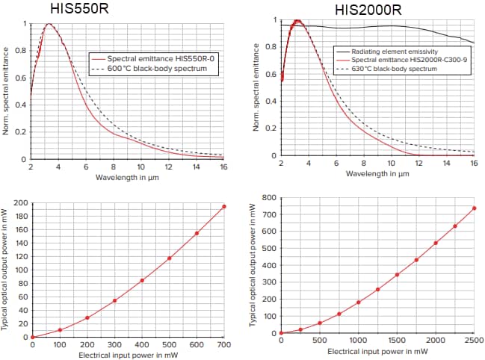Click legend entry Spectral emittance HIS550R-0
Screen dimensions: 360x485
[x=157, y=58]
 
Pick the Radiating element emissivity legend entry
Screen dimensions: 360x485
[x=396, y=51]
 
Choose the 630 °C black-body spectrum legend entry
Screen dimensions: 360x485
[x=396, y=69]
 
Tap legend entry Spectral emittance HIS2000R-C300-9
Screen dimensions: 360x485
[x=404, y=60]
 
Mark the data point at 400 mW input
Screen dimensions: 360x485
[x=142, y=281]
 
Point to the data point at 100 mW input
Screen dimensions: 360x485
[x=60, y=329]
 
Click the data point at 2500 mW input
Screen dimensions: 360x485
[x=474, y=208]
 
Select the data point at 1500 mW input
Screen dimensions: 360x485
[x=397, y=275]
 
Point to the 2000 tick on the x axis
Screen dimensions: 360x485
[x=435, y=341]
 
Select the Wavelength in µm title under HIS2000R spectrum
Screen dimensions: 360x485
[x=377, y=173]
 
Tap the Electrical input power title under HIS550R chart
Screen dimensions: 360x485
[x=127, y=354]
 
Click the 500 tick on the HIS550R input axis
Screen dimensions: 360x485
[x=169, y=344]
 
